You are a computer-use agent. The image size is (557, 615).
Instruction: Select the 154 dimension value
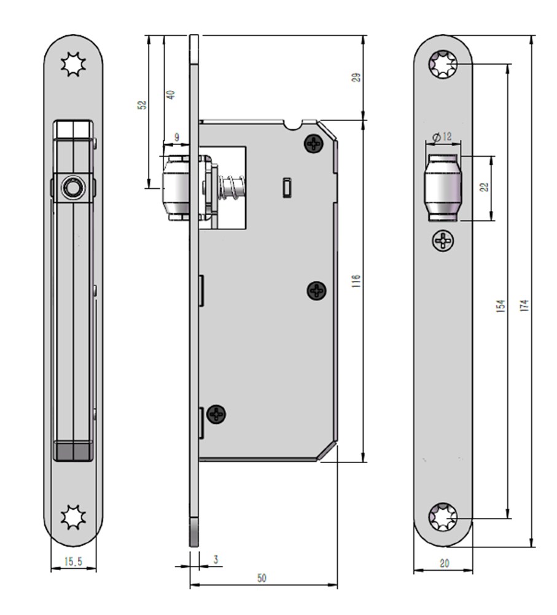coord(501,306)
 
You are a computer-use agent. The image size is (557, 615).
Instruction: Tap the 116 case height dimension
coord(356,282)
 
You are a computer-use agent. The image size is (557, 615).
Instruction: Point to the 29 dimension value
coord(356,77)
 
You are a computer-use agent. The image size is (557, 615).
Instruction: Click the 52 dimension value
coord(142,105)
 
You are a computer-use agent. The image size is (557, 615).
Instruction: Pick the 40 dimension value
coord(171,95)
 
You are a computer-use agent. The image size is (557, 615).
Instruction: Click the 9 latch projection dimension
coord(177,138)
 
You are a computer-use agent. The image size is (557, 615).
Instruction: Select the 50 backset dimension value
coord(262,578)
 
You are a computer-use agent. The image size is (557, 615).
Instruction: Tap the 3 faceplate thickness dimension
coord(216,560)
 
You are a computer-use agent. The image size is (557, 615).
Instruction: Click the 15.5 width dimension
coord(73,561)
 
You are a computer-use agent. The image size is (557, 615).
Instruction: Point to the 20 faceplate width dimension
coord(444,563)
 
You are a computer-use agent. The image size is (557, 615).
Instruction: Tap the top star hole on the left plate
coord(73,65)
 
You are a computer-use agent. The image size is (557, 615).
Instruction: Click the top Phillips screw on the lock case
coord(314,145)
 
